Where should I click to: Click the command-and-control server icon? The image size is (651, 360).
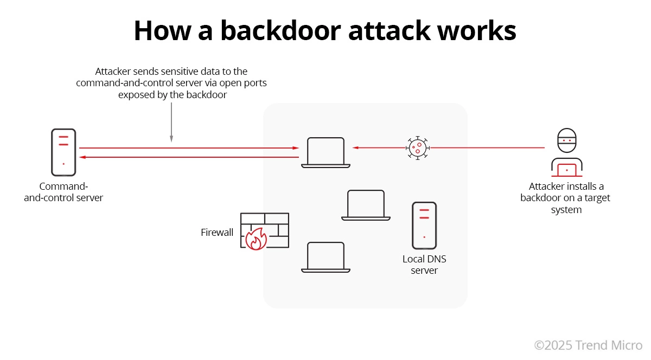pos(63,152)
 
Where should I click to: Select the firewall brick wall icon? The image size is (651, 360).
pos(265,230)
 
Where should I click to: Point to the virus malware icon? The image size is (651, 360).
pos(417,147)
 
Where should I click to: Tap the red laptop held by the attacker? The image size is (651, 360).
pos(567,169)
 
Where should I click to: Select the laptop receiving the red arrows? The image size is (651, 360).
pos(325,152)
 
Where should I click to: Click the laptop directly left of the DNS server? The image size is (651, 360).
pos(366,205)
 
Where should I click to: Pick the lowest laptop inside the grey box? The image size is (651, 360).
pos(325,257)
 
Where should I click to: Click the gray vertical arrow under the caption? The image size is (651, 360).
pos(171,122)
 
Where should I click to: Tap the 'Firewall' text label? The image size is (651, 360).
pos(217,233)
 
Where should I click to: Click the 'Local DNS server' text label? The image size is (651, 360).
pos(424,265)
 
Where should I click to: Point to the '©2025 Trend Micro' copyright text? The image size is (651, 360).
pos(588,345)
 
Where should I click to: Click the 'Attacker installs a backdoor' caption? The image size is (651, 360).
pos(566,198)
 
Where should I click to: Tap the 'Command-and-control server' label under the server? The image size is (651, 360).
pos(63,192)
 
